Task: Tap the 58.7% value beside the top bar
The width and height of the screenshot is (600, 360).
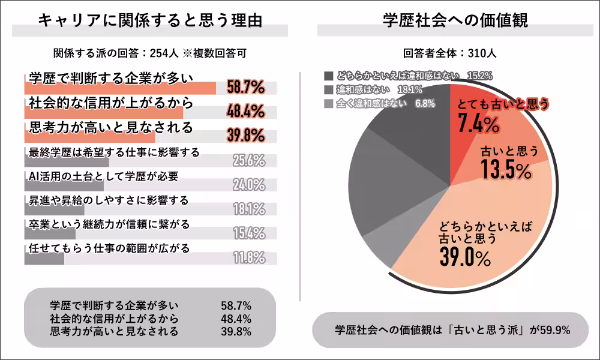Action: click(x=246, y=88)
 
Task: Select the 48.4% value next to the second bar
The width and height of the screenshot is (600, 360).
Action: click(x=246, y=112)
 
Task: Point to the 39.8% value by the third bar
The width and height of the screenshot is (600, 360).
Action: click(x=246, y=136)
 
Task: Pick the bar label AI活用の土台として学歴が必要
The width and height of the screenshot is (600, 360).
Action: click(x=103, y=176)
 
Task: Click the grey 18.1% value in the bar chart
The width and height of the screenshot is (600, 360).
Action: click(x=249, y=209)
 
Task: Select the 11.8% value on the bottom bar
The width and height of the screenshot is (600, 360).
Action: click(x=249, y=258)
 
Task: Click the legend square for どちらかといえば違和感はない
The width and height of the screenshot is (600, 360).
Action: click(x=328, y=76)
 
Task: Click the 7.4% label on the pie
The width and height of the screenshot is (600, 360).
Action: click(x=478, y=125)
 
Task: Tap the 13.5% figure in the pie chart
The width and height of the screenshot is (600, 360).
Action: click(x=506, y=170)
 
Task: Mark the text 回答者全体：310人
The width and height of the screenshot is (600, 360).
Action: click(x=450, y=53)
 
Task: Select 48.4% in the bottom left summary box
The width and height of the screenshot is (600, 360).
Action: click(x=236, y=319)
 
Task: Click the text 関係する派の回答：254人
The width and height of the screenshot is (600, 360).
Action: click(x=115, y=53)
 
